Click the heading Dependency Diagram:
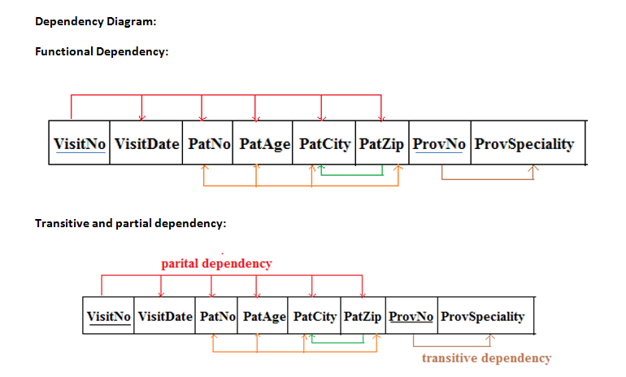pyautogui.click(x=95, y=21)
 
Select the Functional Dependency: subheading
pyautogui.click(x=102, y=52)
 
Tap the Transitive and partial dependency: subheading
pyautogui.click(x=129, y=223)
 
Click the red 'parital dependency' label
pyautogui.click(x=216, y=264)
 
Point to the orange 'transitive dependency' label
pyautogui.click(x=486, y=358)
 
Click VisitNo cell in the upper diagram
pyautogui.click(x=79, y=144)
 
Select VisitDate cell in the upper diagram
pyautogui.click(x=146, y=144)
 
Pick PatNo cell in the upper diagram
pyautogui.click(x=208, y=144)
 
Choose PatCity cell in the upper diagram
pyautogui.click(x=324, y=144)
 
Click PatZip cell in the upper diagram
pyautogui.click(x=381, y=144)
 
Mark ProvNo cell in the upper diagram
pyautogui.click(x=439, y=144)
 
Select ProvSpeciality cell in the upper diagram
pyautogui.click(x=524, y=144)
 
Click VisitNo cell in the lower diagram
pyautogui.click(x=109, y=317)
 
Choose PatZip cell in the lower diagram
pyautogui.click(x=363, y=317)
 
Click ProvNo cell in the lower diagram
pyautogui.click(x=413, y=317)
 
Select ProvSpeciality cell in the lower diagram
pyautogui.click(x=483, y=317)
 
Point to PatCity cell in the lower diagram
pyautogui.click(x=314, y=317)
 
